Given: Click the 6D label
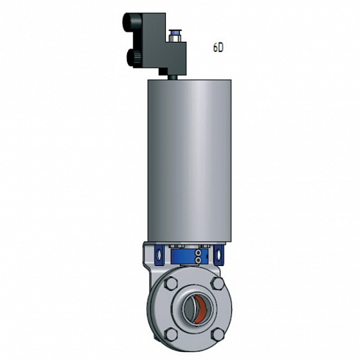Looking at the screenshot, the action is (x=218, y=47).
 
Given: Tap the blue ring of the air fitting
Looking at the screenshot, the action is (x=173, y=32).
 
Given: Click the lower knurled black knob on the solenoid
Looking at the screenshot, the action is (x=134, y=58).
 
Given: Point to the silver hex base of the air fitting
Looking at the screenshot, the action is (x=173, y=38).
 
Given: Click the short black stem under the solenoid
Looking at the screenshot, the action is (x=173, y=77).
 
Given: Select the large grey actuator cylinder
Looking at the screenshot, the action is (x=190, y=160).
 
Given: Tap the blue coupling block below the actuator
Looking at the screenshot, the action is (x=190, y=257).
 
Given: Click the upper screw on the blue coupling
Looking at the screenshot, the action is (x=198, y=253).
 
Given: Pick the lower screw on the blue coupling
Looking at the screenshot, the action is (x=198, y=260).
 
